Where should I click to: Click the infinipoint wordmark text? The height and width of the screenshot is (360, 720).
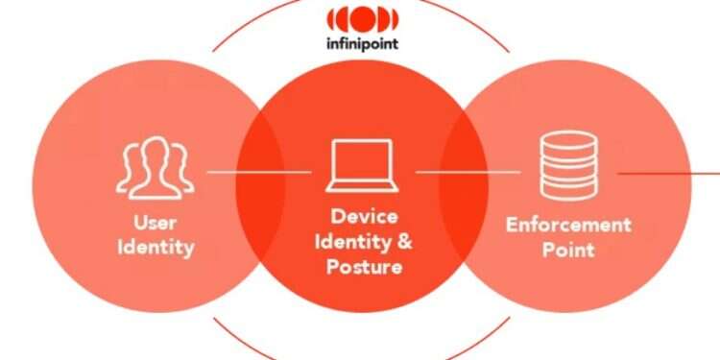(x=361, y=44)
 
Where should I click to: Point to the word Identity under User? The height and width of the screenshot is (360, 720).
(x=156, y=247)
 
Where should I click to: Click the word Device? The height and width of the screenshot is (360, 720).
(x=364, y=216)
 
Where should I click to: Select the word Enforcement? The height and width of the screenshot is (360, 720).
(x=568, y=226)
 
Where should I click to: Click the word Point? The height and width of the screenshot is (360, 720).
(x=568, y=250)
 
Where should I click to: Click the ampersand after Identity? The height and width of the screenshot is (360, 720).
(x=404, y=241)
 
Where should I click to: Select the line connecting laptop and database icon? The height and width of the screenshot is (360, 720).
(x=468, y=173)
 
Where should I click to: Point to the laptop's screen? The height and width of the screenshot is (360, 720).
(x=361, y=162)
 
